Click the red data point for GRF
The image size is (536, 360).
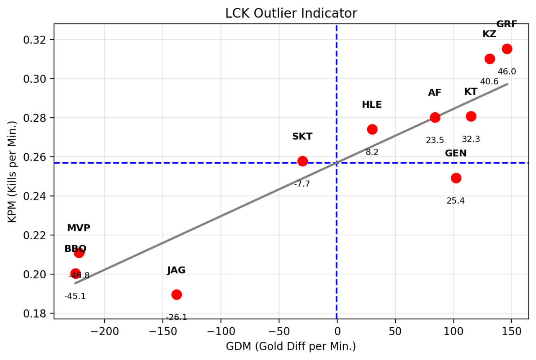[x=507, y=49]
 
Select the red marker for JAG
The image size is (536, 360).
[x=176, y=295]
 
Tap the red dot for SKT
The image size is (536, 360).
[x=302, y=161]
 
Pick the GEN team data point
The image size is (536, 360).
[x=456, y=178]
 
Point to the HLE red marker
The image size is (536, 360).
[x=372, y=129]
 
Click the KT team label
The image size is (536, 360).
[x=471, y=91]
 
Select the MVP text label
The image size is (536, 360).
[x=79, y=228]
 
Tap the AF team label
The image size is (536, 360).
[x=435, y=93]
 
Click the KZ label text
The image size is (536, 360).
[x=489, y=34]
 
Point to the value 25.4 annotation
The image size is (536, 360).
[x=456, y=201]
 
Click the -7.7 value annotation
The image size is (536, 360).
[x=302, y=184]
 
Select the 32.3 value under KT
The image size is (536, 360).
[x=471, y=139]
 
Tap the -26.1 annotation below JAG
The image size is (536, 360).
[x=176, y=318]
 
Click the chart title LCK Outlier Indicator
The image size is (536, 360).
[x=291, y=13]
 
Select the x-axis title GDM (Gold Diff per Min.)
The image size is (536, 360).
[x=291, y=347]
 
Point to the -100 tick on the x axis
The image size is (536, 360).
[x=220, y=331]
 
